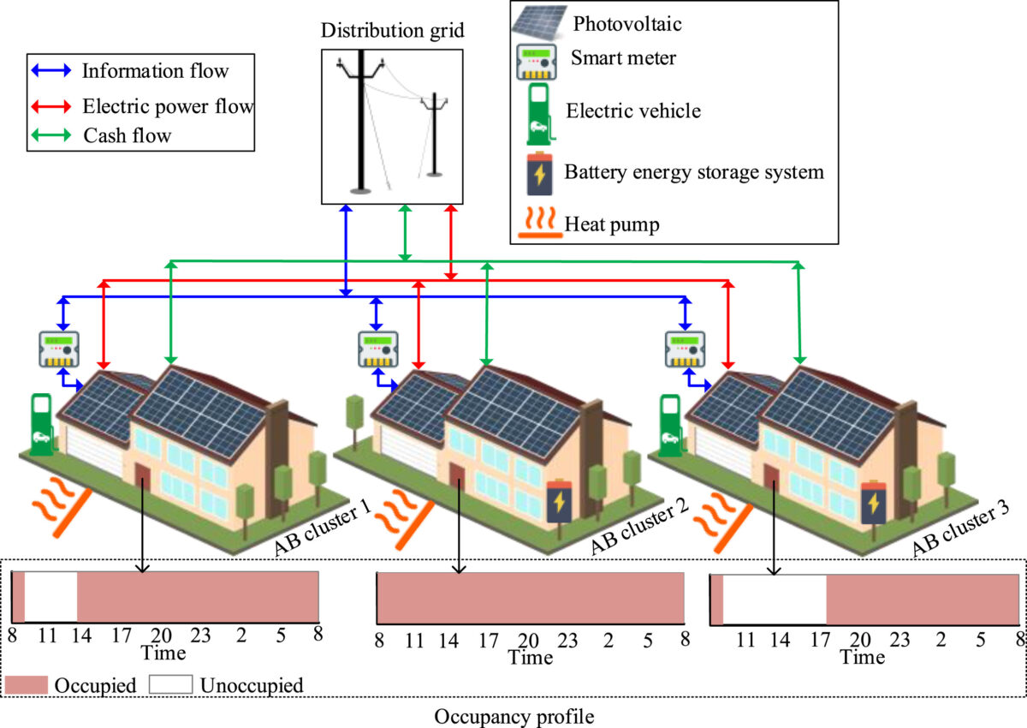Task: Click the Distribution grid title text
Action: tap(392, 32)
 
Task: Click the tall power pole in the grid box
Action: tap(360, 120)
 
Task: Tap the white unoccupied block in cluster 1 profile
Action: tap(50, 597)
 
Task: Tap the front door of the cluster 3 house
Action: tap(773, 481)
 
